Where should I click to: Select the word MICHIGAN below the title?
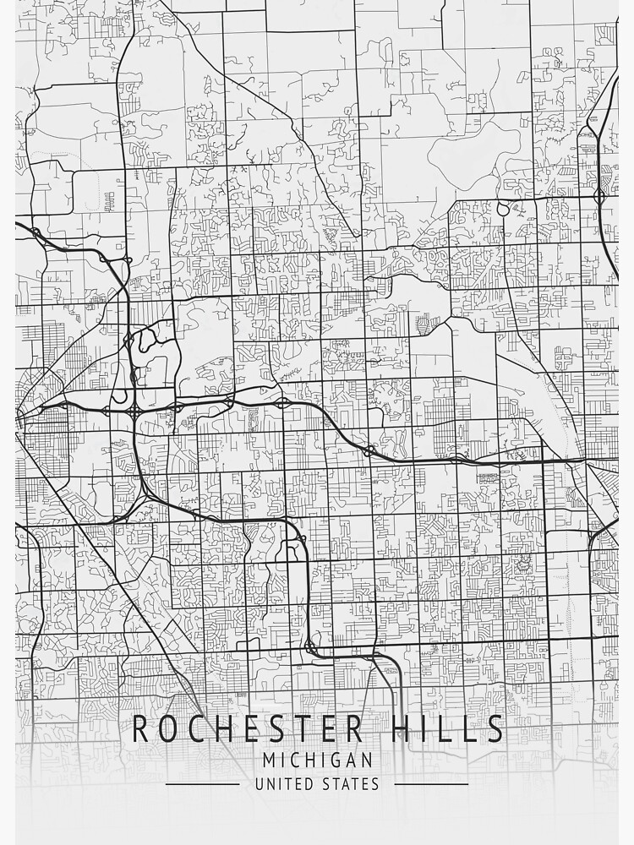317,760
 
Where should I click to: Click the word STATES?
350,784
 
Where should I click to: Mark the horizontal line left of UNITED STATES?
202,784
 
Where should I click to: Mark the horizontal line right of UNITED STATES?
431,784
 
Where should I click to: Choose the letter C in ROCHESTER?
196,728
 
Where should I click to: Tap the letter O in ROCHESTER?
168,728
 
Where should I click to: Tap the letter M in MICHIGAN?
269,760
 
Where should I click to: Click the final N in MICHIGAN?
366,760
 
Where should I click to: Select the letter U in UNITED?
260,784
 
